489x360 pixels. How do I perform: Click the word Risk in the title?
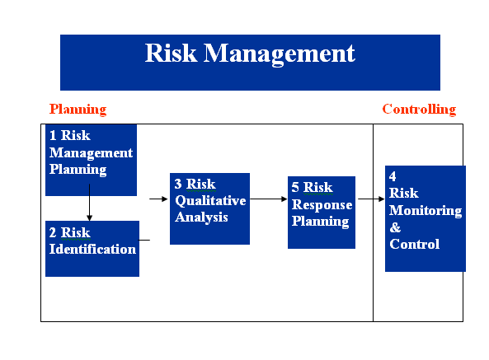(172, 54)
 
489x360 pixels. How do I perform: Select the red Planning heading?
(78, 109)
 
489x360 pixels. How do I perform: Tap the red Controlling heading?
(419, 109)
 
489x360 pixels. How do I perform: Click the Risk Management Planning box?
(91, 160)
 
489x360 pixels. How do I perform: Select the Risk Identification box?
(92, 248)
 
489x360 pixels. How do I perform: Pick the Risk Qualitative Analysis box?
(209, 208)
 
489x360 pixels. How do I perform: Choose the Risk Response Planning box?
(321, 213)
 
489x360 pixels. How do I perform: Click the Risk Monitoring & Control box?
(425, 218)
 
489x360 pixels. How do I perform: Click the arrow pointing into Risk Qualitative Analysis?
(158, 199)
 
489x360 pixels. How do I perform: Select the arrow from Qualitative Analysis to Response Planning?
(268, 199)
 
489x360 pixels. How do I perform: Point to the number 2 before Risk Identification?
(52, 232)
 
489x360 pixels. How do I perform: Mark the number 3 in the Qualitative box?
(178, 184)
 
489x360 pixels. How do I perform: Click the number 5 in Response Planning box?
(295, 188)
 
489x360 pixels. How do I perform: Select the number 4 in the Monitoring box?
(393, 176)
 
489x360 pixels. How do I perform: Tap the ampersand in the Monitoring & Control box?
(394, 227)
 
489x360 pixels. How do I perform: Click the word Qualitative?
(209, 201)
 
